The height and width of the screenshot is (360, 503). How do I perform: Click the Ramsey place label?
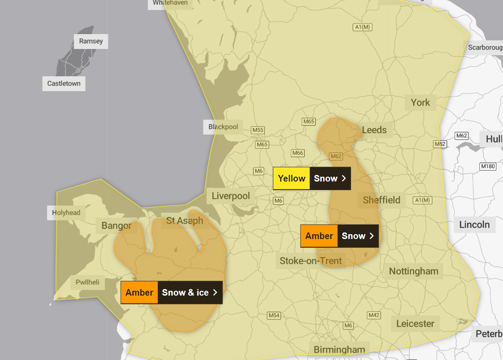coord(91,41)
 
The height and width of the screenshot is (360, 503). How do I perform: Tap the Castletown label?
coord(64,83)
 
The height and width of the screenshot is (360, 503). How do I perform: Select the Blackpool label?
coord(223,127)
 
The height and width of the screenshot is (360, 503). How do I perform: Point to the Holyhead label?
coord(66,212)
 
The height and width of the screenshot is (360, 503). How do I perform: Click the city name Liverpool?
coord(231,196)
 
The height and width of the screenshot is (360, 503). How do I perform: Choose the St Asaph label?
coord(185,221)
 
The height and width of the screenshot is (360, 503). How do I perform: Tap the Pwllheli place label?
coord(87,282)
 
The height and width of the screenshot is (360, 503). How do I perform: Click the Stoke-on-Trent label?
coord(311,261)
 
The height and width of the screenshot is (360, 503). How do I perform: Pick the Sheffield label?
coord(381,200)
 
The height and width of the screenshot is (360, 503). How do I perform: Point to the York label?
coord(420,103)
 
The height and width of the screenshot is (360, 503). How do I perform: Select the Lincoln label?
coord(474,224)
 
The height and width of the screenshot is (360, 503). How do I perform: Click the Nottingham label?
coord(414,271)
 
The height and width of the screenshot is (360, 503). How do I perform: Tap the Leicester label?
coord(415,324)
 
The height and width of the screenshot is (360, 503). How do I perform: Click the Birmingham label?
coord(339,350)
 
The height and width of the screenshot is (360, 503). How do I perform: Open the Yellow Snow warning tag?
coord(312,178)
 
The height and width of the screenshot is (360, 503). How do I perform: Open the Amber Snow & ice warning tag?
coord(171,292)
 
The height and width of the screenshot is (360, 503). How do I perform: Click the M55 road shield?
coord(258,130)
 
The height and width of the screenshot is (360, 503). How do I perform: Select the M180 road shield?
coord(487,166)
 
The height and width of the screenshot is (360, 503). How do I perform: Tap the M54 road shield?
coord(274,315)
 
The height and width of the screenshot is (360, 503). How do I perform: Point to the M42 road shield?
coord(374,315)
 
